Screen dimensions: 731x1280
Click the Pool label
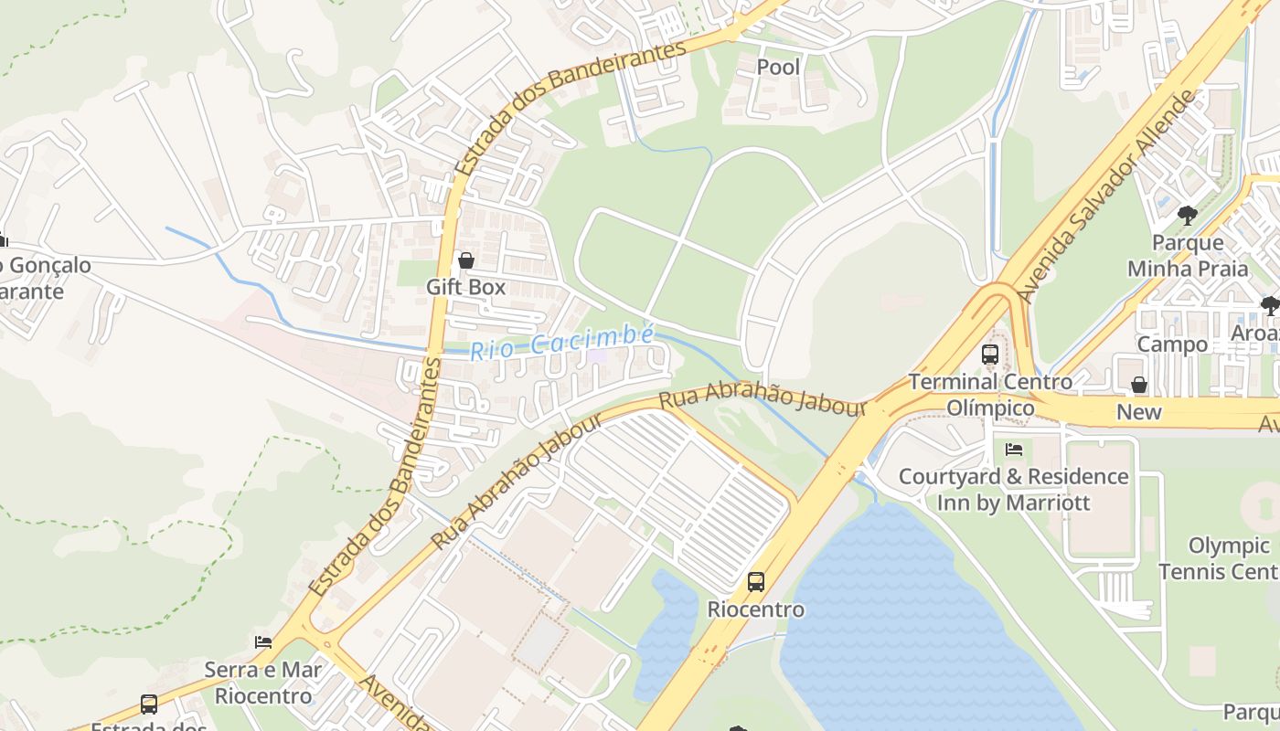coord(778,67)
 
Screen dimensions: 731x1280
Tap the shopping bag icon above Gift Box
coord(466,261)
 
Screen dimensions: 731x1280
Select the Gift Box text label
coord(466,287)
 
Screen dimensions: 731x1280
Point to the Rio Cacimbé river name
coord(561,342)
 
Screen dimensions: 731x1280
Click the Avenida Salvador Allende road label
coord(1108,196)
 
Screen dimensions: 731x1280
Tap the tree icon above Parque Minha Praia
coord(1188,216)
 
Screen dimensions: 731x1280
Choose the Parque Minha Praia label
coord(1188,256)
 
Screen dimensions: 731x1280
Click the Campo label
coord(1172,344)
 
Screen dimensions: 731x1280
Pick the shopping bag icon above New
coord(1139,385)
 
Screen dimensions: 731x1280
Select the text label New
coord(1139,412)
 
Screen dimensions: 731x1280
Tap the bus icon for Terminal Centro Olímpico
coord(989,355)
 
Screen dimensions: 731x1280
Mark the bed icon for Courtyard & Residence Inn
coord(1013,450)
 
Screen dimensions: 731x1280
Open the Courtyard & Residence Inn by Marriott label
coord(1013,490)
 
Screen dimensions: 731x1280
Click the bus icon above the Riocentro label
coord(756,582)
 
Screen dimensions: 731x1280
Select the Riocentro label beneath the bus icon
coord(756,609)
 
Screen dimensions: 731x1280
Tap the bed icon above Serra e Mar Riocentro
coord(263,642)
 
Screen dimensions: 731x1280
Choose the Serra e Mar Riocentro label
coord(263,683)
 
